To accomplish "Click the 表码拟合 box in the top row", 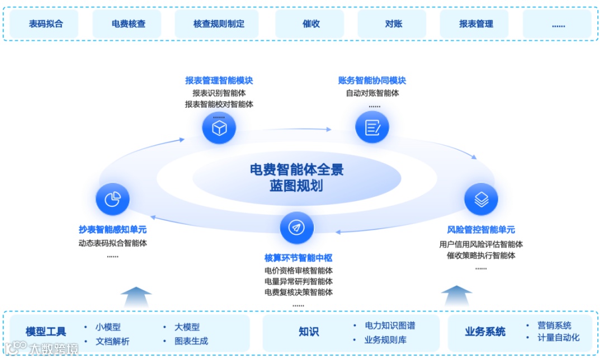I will click(x=46, y=24).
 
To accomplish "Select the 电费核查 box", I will click(x=128, y=24).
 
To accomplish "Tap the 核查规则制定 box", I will click(x=219, y=24).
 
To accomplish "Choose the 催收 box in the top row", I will click(x=310, y=24).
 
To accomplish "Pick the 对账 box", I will click(x=393, y=24).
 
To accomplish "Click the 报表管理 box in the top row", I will click(x=476, y=24).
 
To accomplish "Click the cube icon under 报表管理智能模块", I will click(x=219, y=128).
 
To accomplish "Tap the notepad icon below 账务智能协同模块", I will click(x=372, y=127).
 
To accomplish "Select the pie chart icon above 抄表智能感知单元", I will click(x=112, y=199).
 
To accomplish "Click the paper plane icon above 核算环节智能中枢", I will click(x=296, y=228).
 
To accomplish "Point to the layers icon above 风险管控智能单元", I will click(x=481, y=199).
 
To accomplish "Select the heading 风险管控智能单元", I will click(x=481, y=230).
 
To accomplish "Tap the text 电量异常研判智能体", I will click(x=298, y=281).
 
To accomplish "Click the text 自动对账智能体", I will click(x=372, y=93).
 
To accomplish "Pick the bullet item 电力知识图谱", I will click(x=390, y=325).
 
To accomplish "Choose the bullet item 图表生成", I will click(x=191, y=341).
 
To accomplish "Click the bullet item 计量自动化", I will click(x=558, y=338).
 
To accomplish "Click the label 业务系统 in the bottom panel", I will click(x=485, y=331).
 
